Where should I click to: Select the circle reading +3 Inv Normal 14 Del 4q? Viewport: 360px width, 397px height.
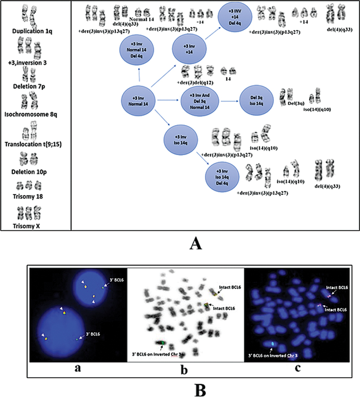(x=139, y=52)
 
